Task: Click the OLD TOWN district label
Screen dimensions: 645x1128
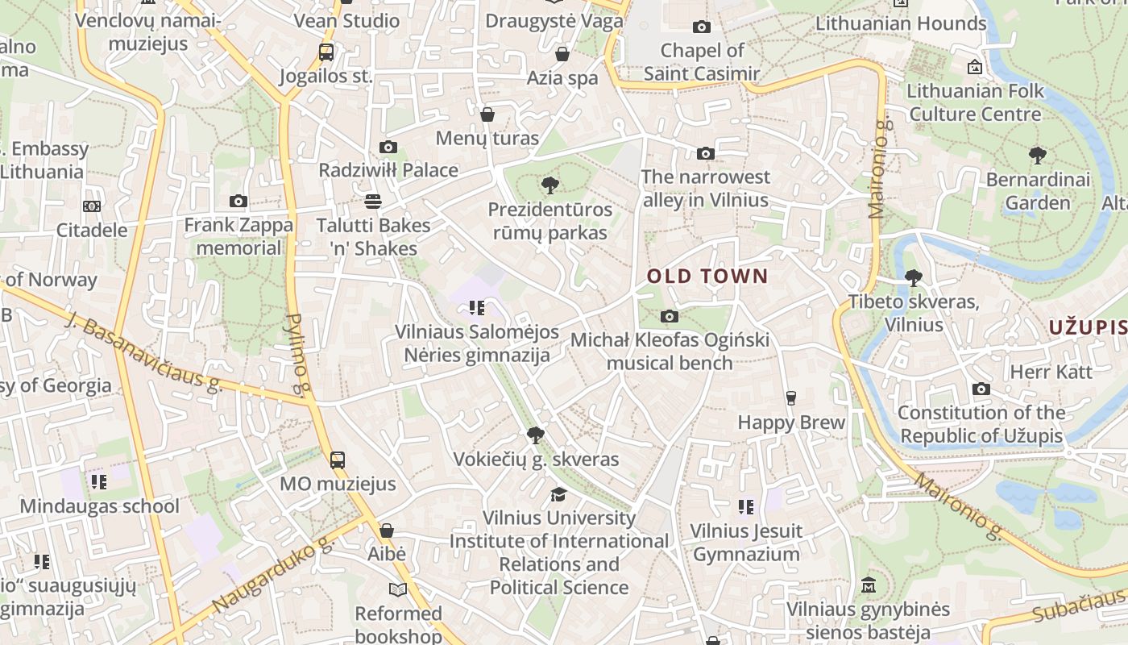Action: [x=707, y=277]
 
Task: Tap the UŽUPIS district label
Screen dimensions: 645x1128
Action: [x=1088, y=327]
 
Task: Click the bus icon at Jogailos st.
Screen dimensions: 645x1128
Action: [x=326, y=53]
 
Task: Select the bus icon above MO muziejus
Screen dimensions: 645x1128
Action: [x=338, y=460]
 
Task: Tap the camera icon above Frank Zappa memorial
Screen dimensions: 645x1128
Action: [x=238, y=201]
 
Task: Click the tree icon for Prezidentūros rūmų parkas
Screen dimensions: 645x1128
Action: [x=550, y=186]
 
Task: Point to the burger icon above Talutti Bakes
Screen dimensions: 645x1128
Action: [x=372, y=201]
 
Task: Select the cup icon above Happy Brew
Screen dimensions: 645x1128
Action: [x=790, y=397]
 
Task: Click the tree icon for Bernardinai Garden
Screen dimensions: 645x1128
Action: [x=1038, y=156]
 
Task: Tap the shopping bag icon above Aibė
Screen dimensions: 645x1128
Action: [x=387, y=531]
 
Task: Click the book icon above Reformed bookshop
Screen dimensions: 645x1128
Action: [x=398, y=589]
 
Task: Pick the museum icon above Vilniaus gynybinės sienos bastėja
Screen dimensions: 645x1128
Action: [x=868, y=585]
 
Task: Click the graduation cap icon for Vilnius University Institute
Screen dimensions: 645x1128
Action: [x=558, y=494]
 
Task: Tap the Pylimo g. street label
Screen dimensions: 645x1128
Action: [x=297, y=355]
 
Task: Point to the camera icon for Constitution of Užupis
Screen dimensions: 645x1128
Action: [x=981, y=389]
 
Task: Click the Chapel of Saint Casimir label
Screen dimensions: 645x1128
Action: [x=702, y=62]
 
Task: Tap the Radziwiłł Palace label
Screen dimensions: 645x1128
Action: [x=388, y=170]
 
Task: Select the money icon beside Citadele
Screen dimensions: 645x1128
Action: [x=92, y=206]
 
